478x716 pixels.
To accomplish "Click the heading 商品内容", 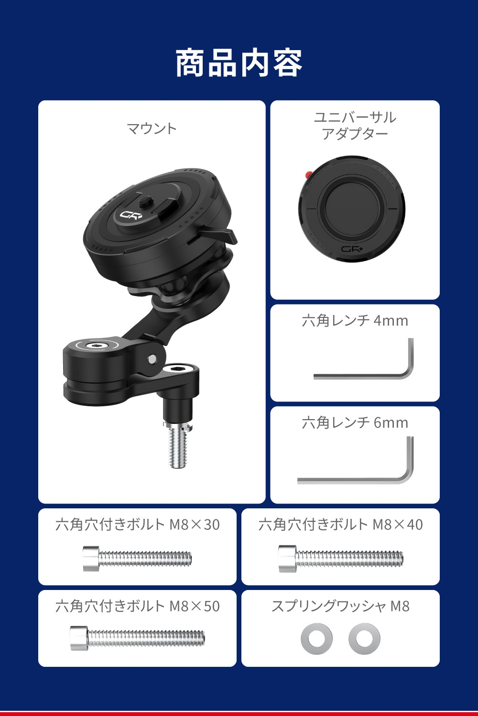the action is (239, 63).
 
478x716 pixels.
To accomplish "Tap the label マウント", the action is (152, 128).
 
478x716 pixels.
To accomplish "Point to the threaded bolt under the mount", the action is (178, 445).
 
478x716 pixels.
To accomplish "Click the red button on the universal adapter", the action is (309, 174).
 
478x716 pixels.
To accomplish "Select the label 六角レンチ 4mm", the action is (355, 321).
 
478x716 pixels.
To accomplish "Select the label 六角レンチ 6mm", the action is (355, 423).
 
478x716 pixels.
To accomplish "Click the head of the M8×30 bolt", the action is (91, 558).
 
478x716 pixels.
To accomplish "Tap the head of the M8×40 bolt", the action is (287, 558).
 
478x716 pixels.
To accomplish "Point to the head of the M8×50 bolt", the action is (79, 638).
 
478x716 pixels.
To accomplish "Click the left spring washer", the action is (316, 639).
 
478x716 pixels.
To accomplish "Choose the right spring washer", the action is (364, 639).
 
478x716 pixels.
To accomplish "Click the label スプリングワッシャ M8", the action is (340, 606).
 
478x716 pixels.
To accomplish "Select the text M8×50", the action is (195, 606).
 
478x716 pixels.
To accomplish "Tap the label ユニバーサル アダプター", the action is (355, 126).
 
